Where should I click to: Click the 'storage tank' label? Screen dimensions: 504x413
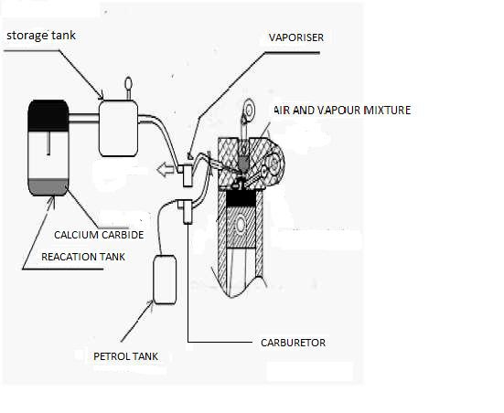point(41,36)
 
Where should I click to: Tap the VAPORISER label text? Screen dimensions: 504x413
point(296,37)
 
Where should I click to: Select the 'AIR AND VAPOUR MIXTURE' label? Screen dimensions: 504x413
point(342,111)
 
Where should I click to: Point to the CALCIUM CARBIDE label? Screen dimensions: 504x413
point(99,235)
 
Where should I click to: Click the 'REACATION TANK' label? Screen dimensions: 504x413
point(83,257)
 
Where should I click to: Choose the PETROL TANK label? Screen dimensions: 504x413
point(125,356)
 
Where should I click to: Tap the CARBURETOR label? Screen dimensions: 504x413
point(293,343)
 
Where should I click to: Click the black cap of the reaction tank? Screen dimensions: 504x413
point(48,115)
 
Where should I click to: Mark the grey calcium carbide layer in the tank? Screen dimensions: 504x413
point(48,187)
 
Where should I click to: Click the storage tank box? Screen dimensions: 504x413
point(118,129)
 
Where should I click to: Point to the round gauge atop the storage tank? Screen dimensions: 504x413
point(129,83)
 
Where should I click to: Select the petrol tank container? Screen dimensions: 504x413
point(165,280)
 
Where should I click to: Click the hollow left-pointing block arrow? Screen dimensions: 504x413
point(166,169)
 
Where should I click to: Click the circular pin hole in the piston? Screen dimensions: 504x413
point(241,226)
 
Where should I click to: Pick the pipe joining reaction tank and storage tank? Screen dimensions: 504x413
point(83,118)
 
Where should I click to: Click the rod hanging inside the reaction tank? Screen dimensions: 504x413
point(48,143)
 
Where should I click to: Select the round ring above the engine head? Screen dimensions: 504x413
point(249,110)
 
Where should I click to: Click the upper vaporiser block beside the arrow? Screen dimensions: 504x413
point(188,175)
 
